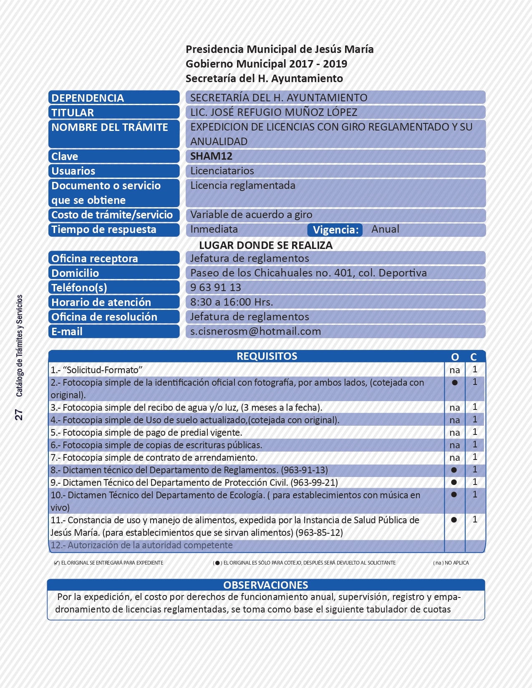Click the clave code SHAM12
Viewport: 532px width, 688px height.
pyautogui.click(x=211, y=156)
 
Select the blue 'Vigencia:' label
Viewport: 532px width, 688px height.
pyautogui.click(x=335, y=230)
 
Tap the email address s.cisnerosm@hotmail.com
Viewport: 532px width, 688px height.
pyautogui.click(x=255, y=331)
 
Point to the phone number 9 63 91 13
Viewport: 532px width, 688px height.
pyautogui.click(x=215, y=288)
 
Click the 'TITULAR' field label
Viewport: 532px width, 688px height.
pyautogui.click(x=73, y=113)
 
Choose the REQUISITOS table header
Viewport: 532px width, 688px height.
pyautogui.click(x=267, y=357)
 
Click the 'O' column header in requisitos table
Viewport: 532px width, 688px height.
pyautogui.click(x=455, y=357)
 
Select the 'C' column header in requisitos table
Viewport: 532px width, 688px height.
pyautogui.click(x=474, y=357)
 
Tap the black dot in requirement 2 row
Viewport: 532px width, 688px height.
pyautogui.click(x=455, y=383)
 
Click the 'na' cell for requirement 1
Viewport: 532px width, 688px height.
pyautogui.click(x=454, y=370)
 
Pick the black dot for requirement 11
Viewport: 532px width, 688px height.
pyautogui.click(x=454, y=520)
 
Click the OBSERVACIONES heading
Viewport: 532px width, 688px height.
pyautogui.click(x=266, y=585)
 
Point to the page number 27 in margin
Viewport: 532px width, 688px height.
pyautogui.click(x=19, y=414)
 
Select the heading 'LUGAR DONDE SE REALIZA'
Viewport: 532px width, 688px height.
pyautogui.click(x=266, y=245)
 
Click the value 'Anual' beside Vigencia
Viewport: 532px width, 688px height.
pyautogui.click(x=385, y=229)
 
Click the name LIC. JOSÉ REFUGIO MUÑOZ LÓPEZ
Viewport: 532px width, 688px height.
pyautogui.click(x=274, y=113)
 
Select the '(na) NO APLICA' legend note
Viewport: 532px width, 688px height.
pyautogui.click(x=451, y=563)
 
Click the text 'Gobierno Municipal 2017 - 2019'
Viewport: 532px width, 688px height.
pyautogui.click(x=266, y=64)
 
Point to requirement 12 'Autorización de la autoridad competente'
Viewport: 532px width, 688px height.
pyautogui.click(x=141, y=545)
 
